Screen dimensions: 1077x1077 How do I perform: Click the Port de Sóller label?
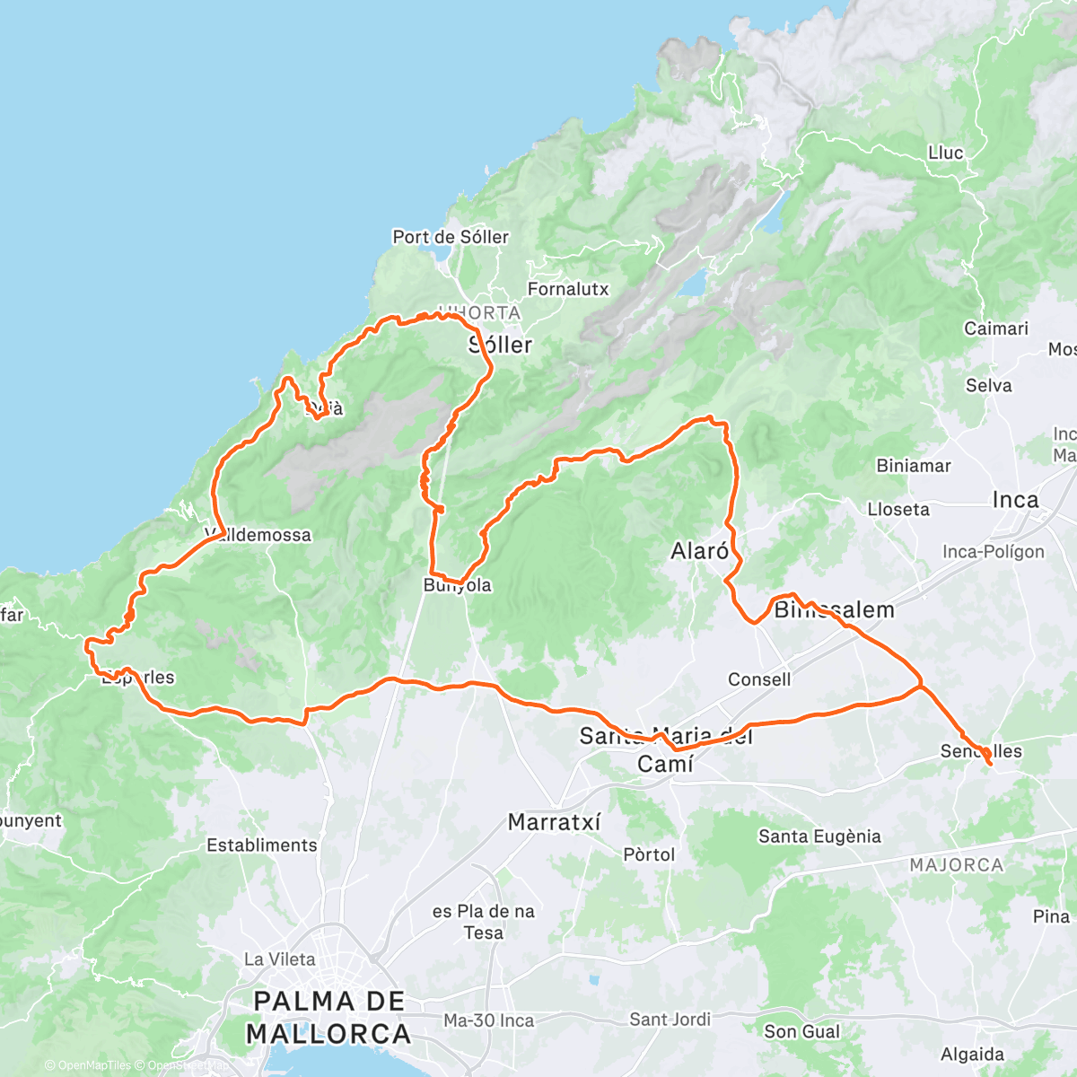coord(451,237)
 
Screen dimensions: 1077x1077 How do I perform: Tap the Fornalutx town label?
coord(568,289)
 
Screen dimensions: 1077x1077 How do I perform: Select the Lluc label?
coord(945,153)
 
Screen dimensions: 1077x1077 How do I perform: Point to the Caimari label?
coord(995,328)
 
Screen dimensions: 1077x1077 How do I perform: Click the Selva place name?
coord(988,385)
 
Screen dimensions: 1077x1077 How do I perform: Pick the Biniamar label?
coord(913,465)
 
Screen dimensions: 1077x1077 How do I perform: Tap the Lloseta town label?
coord(898,509)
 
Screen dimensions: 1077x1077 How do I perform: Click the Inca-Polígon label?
coord(994,551)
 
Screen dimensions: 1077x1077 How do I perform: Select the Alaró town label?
coord(700,550)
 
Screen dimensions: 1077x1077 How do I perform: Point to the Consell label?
coord(759,679)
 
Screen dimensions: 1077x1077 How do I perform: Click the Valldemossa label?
coord(258,535)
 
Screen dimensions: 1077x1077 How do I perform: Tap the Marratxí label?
coord(554,821)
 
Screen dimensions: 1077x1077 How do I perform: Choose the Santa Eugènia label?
coord(819,836)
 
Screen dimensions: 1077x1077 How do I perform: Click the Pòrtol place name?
coord(649,854)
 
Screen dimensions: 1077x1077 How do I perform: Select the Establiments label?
coord(262,845)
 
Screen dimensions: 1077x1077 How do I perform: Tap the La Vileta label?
coord(280,959)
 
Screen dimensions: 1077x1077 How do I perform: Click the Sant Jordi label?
coord(670,1019)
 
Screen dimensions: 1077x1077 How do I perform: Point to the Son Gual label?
coord(801,1031)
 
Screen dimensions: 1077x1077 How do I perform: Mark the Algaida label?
coord(972,1054)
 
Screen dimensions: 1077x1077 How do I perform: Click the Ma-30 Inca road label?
coord(488,1020)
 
